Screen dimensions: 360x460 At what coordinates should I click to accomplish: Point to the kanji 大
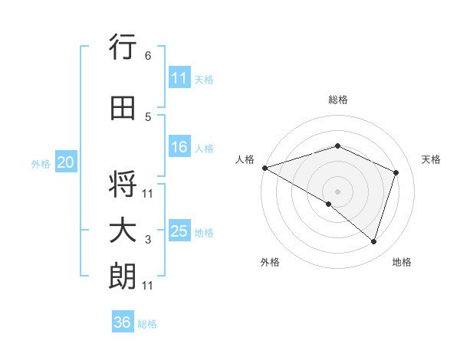pyautogui.click(x=123, y=231)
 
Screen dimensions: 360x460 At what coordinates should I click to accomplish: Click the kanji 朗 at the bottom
pyautogui.click(x=123, y=277)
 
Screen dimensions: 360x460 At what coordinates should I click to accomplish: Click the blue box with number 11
pyautogui.click(x=179, y=78)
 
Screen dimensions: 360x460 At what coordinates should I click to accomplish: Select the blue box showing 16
pyautogui.click(x=179, y=148)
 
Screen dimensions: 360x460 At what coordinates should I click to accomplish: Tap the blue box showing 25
pyautogui.click(x=179, y=231)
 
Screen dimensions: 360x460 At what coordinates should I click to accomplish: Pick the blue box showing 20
pyautogui.click(x=66, y=162)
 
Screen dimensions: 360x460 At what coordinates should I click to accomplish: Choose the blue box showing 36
pyautogui.click(x=123, y=322)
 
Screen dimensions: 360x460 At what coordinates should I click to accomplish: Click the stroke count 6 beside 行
pyautogui.click(x=148, y=56)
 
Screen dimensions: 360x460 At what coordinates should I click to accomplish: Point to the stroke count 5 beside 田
pyautogui.click(x=148, y=117)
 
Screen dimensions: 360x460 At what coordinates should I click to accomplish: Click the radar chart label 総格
pyautogui.click(x=337, y=100)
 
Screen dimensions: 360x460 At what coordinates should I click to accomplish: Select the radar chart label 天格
pyautogui.click(x=432, y=159)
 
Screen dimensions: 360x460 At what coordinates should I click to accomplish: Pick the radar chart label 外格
pyautogui.click(x=270, y=262)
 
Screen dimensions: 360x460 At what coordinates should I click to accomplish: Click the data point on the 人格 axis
pyautogui.click(x=264, y=167)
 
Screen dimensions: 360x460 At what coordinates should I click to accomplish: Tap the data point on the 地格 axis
pyautogui.click(x=373, y=241)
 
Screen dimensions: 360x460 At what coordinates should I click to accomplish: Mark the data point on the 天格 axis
pyautogui.click(x=396, y=172)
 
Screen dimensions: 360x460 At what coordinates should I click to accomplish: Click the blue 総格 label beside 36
pyautogui.click(x=147, y=324)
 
